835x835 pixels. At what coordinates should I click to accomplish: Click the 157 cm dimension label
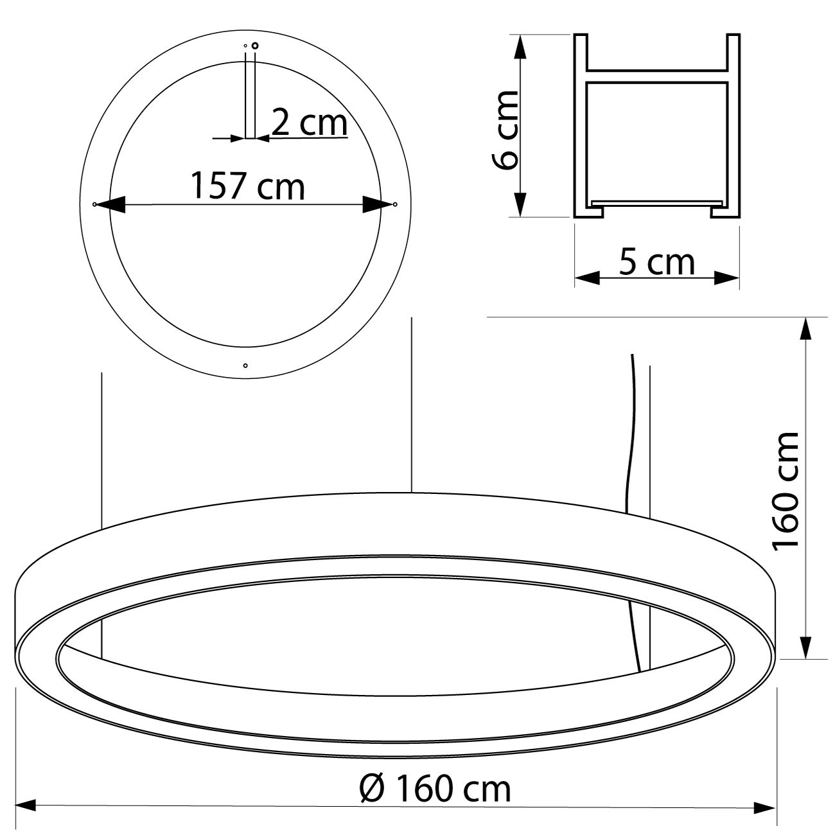248,186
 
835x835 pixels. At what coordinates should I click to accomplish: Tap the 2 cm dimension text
310,123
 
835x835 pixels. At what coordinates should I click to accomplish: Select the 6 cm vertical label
505,130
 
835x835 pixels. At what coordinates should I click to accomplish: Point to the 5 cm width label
656,262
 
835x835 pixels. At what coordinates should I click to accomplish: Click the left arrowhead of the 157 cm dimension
110,204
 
